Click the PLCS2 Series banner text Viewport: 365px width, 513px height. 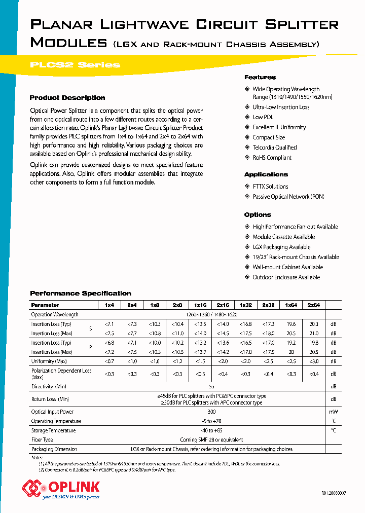[76, 65]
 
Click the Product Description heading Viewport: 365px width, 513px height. [67, 98]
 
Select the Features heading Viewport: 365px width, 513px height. [260, 77]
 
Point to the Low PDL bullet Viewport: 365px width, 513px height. [263, 117]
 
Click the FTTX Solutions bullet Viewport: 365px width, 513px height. [270, 187]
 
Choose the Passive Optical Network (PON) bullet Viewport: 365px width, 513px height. [288, 197]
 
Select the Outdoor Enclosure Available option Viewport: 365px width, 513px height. [286, 277]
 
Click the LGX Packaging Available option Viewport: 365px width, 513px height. [281, 247]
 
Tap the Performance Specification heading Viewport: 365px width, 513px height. [81, 294]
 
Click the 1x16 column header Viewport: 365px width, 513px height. [200, 305]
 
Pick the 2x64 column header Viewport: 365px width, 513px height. [313, 305]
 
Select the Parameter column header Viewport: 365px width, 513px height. [45, 305]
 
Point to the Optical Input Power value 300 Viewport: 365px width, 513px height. [211, 412]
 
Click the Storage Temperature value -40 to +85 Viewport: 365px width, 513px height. [211, 430]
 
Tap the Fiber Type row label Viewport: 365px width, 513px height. [42, 439]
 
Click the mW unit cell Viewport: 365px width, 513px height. [333, 412]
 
